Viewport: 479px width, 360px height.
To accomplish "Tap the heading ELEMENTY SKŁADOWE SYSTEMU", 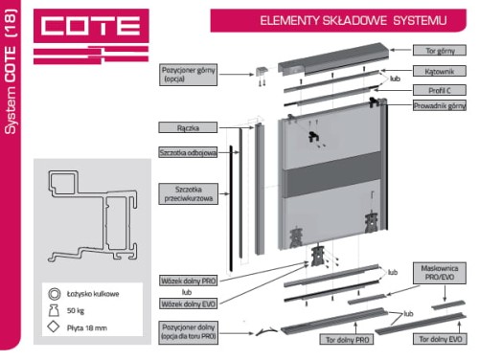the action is (354, 21).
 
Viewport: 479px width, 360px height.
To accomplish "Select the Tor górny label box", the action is (440, 51).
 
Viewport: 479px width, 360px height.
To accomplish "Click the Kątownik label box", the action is (440, 71).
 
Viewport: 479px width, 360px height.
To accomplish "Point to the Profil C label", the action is (440, 90).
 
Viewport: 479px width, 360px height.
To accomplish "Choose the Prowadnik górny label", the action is (440, 105).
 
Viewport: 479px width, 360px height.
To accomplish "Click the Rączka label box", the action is (188, 127).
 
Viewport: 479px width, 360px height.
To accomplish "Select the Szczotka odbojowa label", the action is (188, 152).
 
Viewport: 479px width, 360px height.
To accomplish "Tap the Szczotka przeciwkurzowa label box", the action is (189, 193).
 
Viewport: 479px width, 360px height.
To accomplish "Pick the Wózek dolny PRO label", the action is (188, 281).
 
